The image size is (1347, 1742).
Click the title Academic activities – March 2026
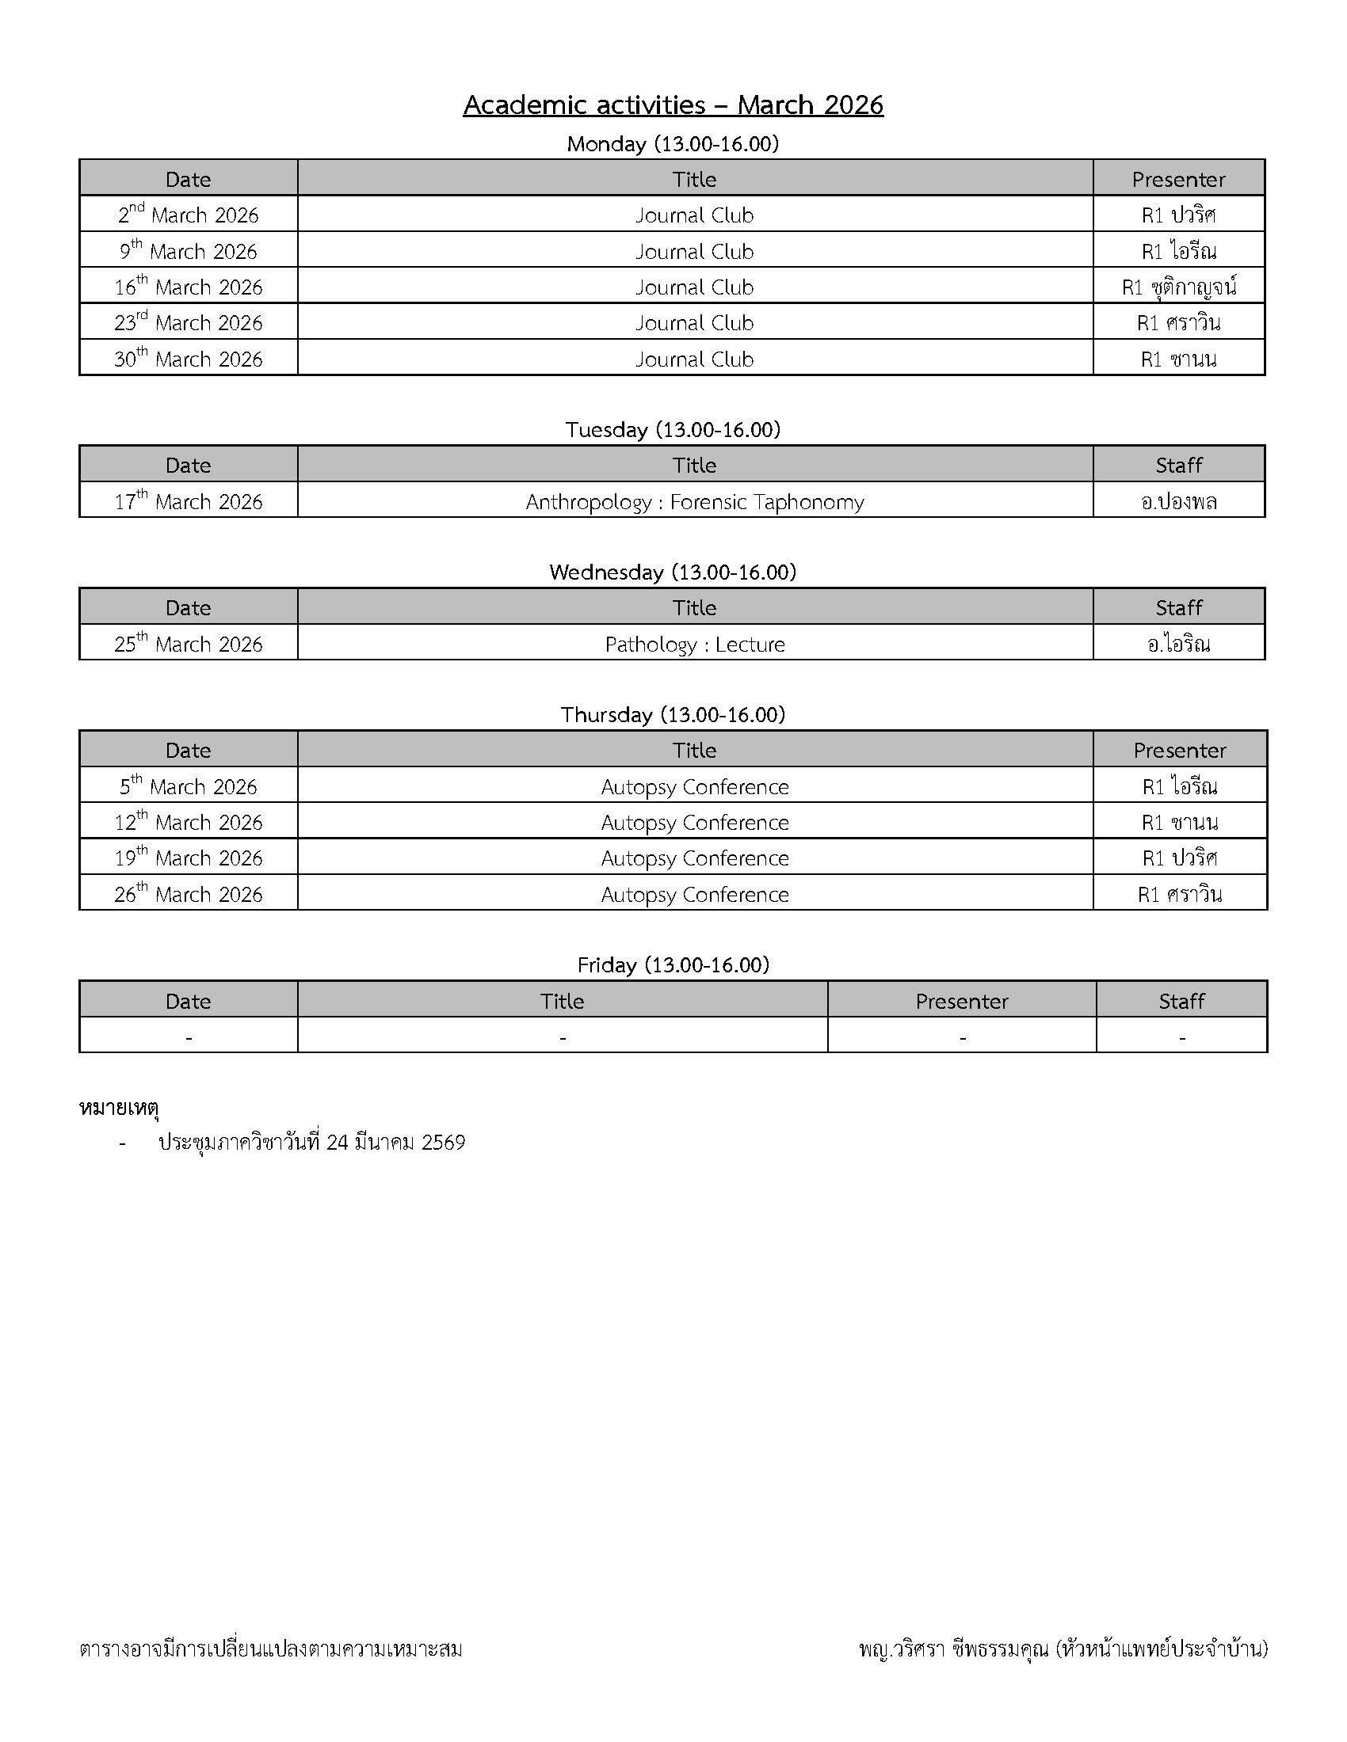673,105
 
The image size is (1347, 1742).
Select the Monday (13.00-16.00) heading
673,144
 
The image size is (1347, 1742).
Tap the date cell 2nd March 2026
189,215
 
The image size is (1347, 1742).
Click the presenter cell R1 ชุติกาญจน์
1179,287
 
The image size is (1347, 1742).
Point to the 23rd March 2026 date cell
189,323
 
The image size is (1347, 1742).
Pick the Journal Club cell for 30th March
694,359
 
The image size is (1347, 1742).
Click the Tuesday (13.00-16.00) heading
673,430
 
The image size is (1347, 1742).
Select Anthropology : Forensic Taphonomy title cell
694,502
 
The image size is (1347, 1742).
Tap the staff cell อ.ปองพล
1179,502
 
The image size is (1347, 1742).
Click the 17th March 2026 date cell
189,502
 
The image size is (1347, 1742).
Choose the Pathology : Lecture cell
694,645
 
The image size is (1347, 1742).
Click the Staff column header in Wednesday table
1179,608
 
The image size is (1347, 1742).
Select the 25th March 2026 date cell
189,645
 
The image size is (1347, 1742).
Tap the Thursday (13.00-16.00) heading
673,715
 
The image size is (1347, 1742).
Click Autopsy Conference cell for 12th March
694,823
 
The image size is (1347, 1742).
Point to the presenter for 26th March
1179,895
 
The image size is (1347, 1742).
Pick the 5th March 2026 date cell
189,787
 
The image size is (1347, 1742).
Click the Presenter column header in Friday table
962,1002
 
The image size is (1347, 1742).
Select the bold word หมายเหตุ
119,1108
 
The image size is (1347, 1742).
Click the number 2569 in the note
443,1143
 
